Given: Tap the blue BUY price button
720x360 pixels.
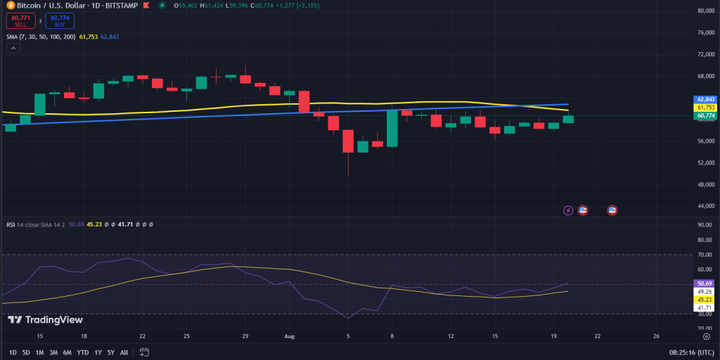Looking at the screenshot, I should click(60, 21).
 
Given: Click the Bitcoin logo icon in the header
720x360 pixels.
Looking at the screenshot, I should click(7, 5).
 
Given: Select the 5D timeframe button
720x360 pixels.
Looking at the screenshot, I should click(26, 352).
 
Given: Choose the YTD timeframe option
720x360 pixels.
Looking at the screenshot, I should click(82, 352).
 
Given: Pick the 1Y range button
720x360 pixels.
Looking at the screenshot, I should click(98, 352).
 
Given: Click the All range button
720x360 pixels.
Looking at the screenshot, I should click(124, 352).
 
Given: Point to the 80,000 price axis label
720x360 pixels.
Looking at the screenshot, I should click(706, 11).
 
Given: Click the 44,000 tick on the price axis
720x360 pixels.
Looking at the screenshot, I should click(706, 206).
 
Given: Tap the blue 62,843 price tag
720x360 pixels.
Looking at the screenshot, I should click(705, 99).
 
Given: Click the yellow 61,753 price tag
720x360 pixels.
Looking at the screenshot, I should click(705, 108).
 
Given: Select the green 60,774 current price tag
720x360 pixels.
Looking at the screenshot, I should click(705, 115).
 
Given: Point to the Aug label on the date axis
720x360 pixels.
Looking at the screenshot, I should click(289, 336).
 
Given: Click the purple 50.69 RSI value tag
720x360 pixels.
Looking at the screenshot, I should click(705, 284).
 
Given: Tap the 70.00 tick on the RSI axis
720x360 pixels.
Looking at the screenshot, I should click(705, 255).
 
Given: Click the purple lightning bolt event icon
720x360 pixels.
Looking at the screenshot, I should click(568, 210).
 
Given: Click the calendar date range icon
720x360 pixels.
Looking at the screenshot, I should click(144, 352).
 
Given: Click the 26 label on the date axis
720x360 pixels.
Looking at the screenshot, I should click(655, 336).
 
